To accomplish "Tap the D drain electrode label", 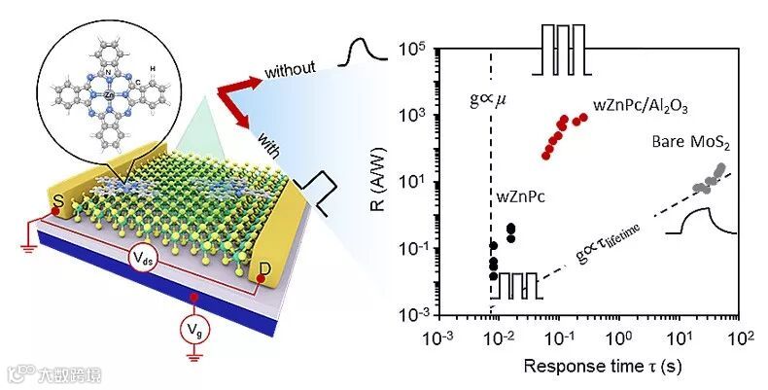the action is (265, 266).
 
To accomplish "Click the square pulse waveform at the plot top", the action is (563, 49).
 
